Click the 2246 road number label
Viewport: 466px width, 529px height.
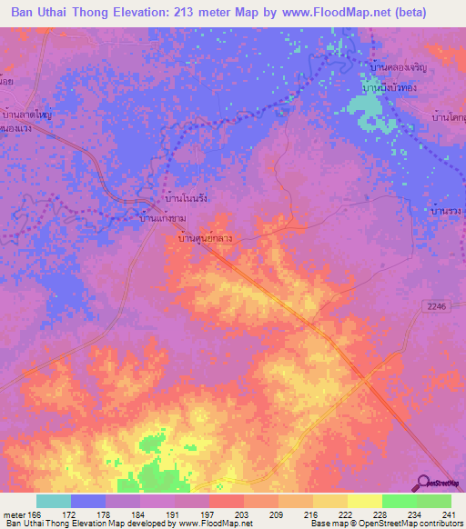point(438,308)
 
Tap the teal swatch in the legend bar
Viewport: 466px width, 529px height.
point(53,501)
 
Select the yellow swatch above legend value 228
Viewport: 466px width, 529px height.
point(364,501)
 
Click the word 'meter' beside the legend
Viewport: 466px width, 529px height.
point(13,514)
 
